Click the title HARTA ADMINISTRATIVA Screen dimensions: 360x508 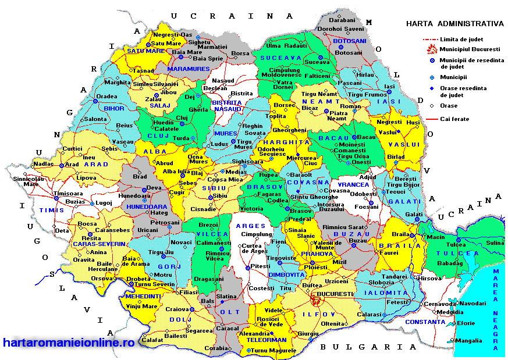pos(454,24)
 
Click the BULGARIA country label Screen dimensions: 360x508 pos(368,347)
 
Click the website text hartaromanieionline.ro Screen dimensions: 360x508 pos(69,343)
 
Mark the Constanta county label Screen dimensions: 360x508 pos(425,322)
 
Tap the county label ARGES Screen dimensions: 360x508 pos(251,226)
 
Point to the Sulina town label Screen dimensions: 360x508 pos(495,243)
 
